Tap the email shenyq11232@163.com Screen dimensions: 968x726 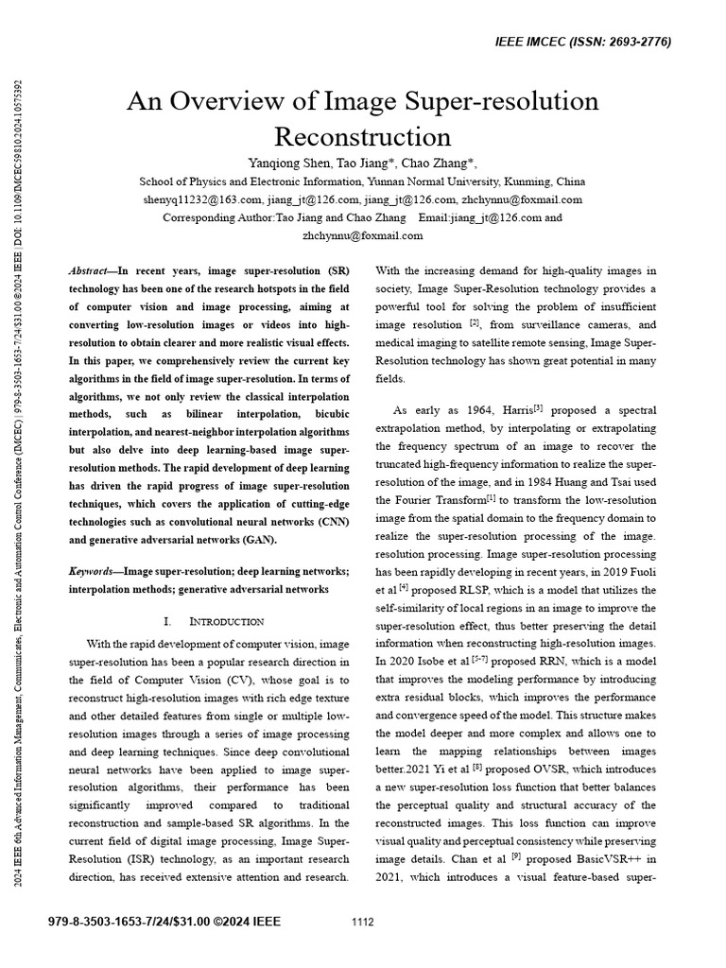pos(202,199)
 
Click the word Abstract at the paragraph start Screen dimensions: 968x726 pos(90,269)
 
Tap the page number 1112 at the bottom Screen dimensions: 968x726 pos(363,922)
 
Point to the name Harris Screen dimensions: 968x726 pos(511,410)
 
